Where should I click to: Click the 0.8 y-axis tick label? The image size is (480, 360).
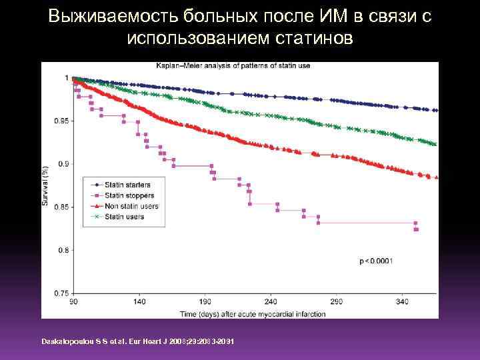pos(63,250)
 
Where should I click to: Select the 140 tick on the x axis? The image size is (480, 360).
pos(139,302)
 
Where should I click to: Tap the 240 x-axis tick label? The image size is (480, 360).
pos(271,302)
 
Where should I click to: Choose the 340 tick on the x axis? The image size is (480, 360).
pos(403,302)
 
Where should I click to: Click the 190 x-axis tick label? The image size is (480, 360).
pos(205,302)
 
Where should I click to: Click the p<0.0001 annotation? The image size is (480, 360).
pos(376,261)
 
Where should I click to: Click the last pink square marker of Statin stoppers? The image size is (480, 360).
pos(416,229)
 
